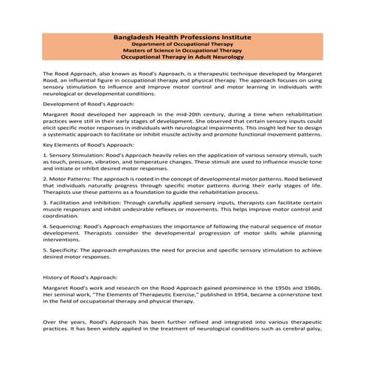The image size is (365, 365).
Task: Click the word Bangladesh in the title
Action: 138,37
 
